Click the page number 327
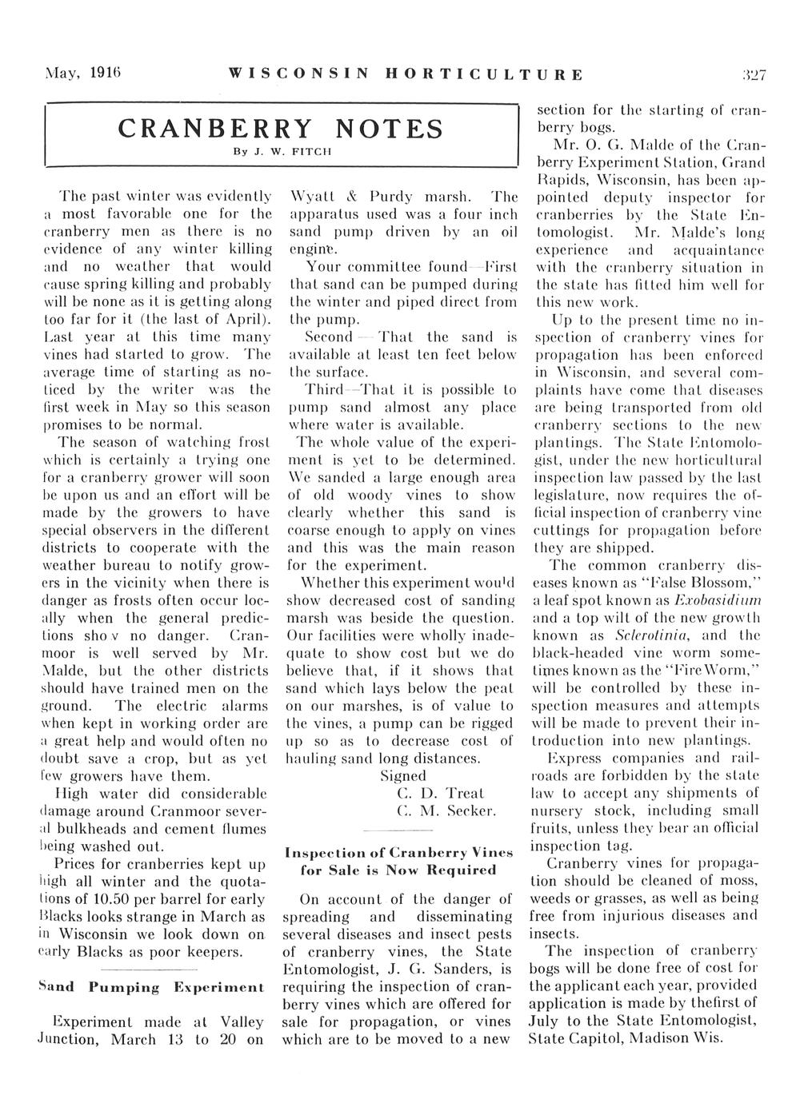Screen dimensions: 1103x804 point(753,77)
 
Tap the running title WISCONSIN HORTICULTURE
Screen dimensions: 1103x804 point(405,77)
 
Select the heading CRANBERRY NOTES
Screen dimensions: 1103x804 point(280,129)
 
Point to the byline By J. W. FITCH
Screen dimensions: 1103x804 point(280,150)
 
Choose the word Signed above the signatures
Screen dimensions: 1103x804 point(403,776)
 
